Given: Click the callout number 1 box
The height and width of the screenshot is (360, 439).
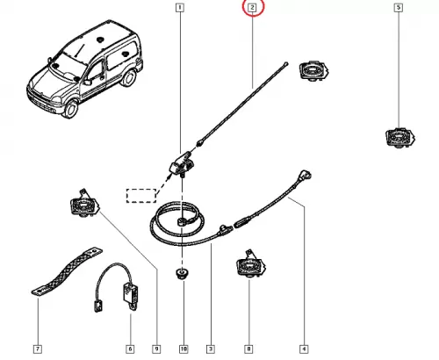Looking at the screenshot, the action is (x=180, y=8).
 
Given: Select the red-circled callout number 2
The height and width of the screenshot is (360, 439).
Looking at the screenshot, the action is (x=253, y=8).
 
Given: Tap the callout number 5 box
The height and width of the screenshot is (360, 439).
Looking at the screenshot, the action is (x=398, y=8).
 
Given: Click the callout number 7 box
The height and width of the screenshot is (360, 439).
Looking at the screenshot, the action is (x=38, y=349).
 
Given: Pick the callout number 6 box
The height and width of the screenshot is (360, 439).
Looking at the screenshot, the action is (x=130, y=349).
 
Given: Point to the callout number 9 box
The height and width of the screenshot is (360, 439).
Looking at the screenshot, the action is (x=156, y=349).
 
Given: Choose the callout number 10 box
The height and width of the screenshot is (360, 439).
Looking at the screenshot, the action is (x=184, y=349).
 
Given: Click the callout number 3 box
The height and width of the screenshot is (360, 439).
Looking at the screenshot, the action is (x=211, y=349).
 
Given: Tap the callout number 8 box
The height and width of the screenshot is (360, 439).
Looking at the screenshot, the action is (x=248, y=349).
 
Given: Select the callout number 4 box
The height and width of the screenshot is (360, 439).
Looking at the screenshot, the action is (x=304, y=349).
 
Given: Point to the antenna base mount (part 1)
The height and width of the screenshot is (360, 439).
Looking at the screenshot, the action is (x=182, y=164).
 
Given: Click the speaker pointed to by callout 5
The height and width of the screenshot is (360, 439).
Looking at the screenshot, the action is (x=400, y=138).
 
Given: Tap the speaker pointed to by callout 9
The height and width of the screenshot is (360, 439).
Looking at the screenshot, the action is (x=84, y=205).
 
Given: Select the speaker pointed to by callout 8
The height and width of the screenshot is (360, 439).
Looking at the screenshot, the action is (x=251, y=264).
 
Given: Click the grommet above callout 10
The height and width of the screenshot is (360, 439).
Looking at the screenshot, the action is (x=183, y=273).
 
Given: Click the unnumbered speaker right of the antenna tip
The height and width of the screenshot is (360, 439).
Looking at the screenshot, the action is (x=313, y=70).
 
